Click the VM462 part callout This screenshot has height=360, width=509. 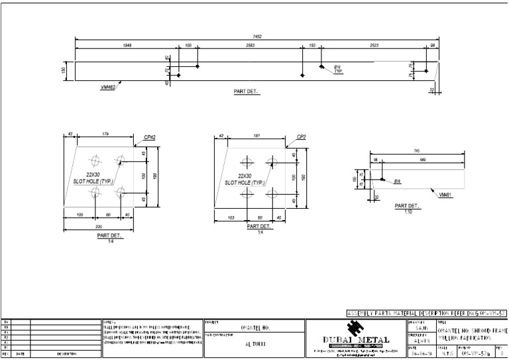[107, 86]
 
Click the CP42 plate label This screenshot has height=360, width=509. [150, 137]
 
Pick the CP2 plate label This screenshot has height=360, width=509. [302, 137]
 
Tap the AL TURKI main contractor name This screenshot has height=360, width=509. [253, 345]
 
